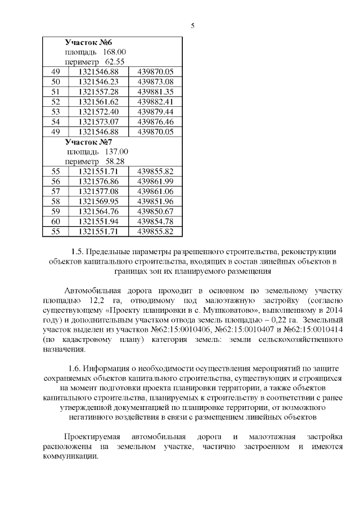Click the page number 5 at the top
[192, 26]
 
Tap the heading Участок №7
[89, 142]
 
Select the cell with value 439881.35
[155, 92]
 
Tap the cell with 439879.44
[155, 112]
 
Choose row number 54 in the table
[55, 122]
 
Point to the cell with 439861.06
[155, 191]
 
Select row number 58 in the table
[55, 201]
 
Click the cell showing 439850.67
[155, 211]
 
